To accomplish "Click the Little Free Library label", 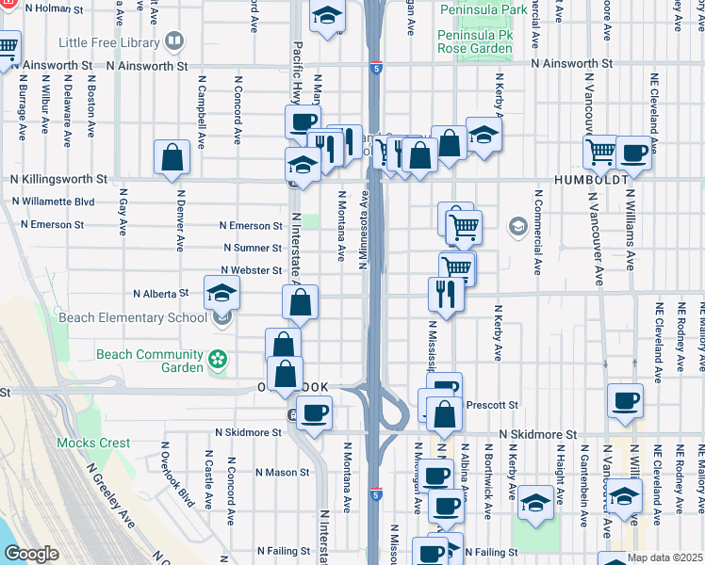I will tap(109, 42).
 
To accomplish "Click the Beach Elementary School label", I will tap(133, 317).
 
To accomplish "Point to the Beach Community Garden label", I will tap(150, 361).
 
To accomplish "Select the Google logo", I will tap(31, 554).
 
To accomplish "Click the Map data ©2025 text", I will tap(664, 557).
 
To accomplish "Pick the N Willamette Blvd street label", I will tap(53, 202).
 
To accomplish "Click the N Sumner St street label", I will tap(252, 248).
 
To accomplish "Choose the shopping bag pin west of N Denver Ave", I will tap(172, 159).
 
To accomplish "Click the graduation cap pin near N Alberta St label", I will tap(221, 293).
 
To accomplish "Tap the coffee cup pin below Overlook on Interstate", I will tap(314, 412).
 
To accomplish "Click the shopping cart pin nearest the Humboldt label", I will tap(601, 152).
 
